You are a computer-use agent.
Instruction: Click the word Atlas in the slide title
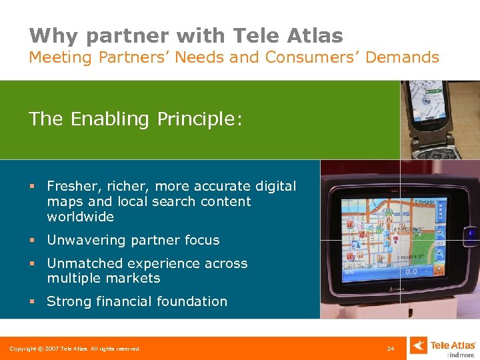[311, 35]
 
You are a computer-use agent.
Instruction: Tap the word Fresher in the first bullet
[73, 187]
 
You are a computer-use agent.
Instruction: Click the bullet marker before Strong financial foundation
[32, 302]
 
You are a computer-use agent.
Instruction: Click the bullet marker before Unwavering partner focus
[32, 241]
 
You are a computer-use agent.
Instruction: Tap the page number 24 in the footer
[390, 349]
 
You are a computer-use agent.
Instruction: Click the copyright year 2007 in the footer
[47, 349]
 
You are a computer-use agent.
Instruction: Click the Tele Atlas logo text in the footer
[453, 345]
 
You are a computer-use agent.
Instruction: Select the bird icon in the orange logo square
[418, 345]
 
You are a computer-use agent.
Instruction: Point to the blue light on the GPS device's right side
[473, 234]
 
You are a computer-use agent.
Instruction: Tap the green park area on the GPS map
[413, 246]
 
